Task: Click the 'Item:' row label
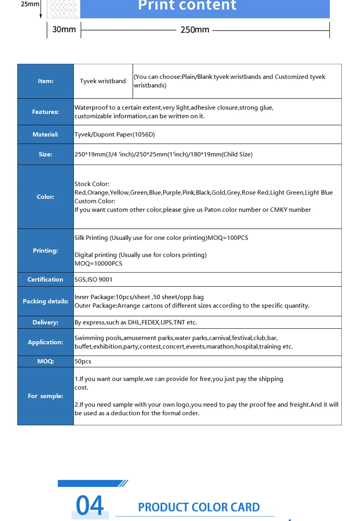click(46, 81)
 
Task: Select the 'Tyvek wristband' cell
click(103, 81)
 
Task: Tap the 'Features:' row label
click(46, 112)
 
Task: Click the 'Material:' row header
click(46, 134)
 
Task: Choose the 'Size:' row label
click(46, 154)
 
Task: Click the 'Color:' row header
click(46, 196)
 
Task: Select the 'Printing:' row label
click(46, 250)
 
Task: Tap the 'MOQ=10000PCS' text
click(98, 263)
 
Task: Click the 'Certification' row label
click(46, 279)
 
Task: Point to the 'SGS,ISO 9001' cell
click(93, 279)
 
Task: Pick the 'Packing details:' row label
click(46, 301)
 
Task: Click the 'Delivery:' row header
click(46, 322)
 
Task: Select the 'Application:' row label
click(46, 342)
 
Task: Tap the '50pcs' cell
click(83, 361)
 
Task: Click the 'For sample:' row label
click(46, 396)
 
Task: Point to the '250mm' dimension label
click(195, 30)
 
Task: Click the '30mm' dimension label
click(64, 30)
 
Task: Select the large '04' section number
click(90, 506)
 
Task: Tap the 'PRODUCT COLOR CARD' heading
click(199, 507)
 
